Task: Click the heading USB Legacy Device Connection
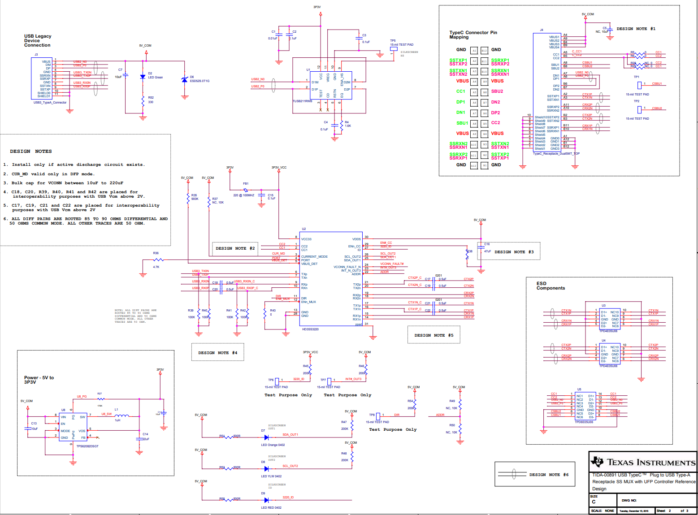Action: (x=37, y=41)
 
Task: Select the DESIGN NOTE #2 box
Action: (x=235, y=248)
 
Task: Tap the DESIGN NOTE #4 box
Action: (x=217, y=353)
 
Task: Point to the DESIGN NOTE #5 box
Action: (x=434, y=335)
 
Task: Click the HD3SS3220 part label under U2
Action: (x=310, y=329)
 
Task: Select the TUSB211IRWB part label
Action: (x=303, y=101)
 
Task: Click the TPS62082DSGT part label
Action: (x=87, y=446)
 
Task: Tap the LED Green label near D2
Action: (x=156, y=78)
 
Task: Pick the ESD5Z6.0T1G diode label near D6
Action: (x=199, y=81)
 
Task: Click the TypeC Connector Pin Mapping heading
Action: (x=473, y=35)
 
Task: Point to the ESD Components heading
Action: (x=551, y=286)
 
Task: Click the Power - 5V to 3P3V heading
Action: (x=39, y=380)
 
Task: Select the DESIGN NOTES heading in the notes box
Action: (x=31, y=151)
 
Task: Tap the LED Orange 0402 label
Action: (x=273, y=445)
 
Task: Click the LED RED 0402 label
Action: (x=271, y=508)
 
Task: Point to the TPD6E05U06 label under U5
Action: (x=584, y=422)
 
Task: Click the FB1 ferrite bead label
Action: (x=246, y=184)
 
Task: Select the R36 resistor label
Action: (x=156, y=253)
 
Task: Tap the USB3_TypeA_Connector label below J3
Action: (x=50, y=103)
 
